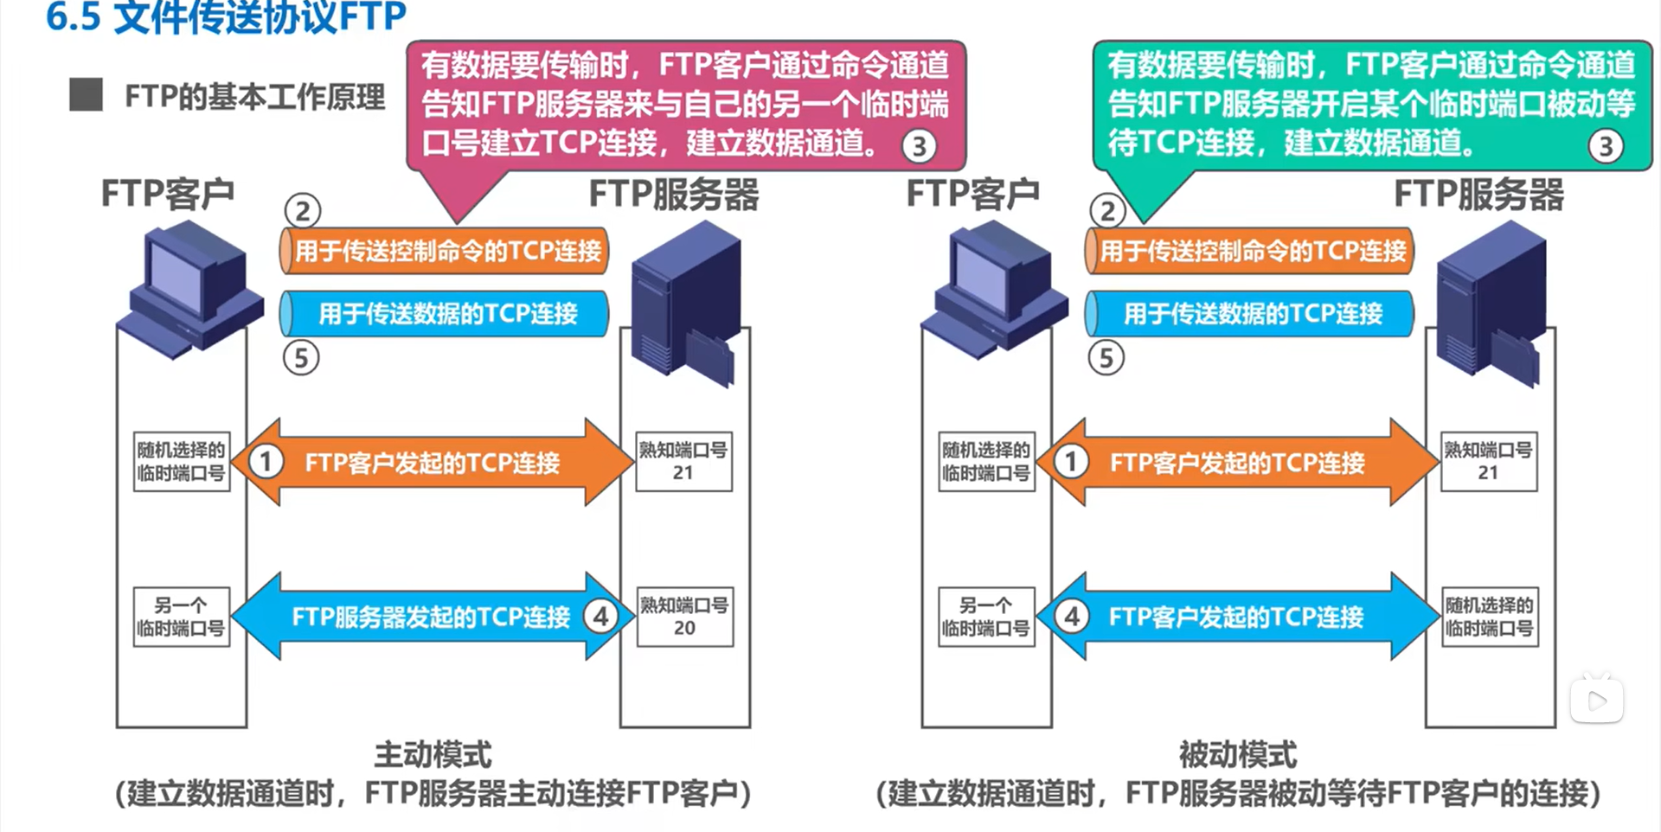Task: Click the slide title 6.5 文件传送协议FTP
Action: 226,17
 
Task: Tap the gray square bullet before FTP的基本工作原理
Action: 86,95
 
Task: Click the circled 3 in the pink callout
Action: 919,146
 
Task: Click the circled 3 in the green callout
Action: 1606,146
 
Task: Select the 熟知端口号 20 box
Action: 684,617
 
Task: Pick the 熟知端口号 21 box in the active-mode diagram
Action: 683,462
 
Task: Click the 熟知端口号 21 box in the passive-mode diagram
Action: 1488,462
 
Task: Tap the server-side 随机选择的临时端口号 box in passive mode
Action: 1489,617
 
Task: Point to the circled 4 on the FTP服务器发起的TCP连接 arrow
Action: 600,617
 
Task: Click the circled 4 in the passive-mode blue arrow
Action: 1072,617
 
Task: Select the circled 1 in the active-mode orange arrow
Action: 266,462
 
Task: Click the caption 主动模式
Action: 433,755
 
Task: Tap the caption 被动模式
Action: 1238,755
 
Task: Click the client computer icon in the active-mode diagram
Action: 190,290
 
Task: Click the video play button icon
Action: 1597,700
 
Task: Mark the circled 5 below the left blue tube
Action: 301,357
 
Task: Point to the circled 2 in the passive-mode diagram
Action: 1107,210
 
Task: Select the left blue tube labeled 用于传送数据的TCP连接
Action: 444,313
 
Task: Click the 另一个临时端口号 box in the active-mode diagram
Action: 181,617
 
